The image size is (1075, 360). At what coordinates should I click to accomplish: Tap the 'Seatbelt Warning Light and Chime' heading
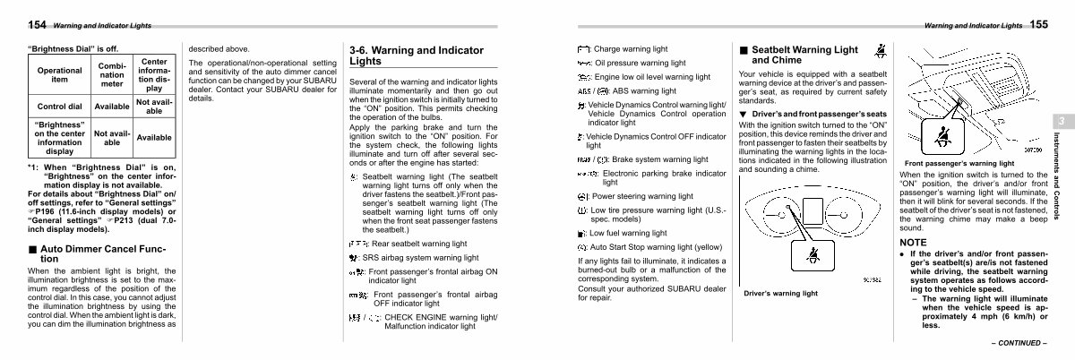[796, 54]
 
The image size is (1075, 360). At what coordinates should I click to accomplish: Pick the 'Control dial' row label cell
[59, 106]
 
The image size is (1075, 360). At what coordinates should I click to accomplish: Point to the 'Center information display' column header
[154, 75]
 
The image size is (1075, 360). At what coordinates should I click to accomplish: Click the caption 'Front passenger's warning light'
[959, 164]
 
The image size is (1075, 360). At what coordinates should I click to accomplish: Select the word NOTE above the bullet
[914, 243]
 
